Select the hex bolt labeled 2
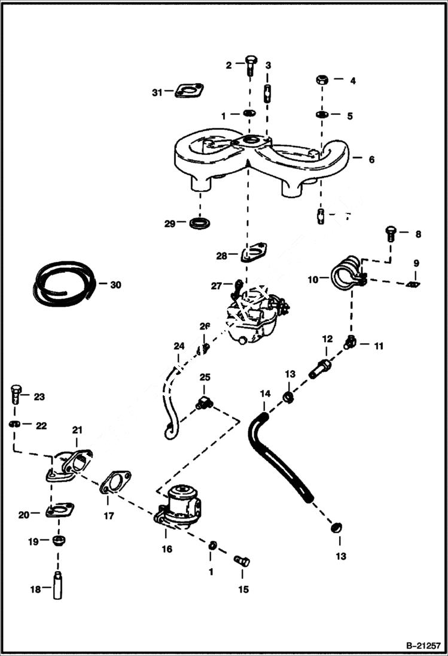coord(251,66)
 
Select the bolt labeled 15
coord(242,561)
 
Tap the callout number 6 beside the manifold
coord(371,160)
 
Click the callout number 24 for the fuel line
coord(178,346)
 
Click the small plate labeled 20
coord(60,512)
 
